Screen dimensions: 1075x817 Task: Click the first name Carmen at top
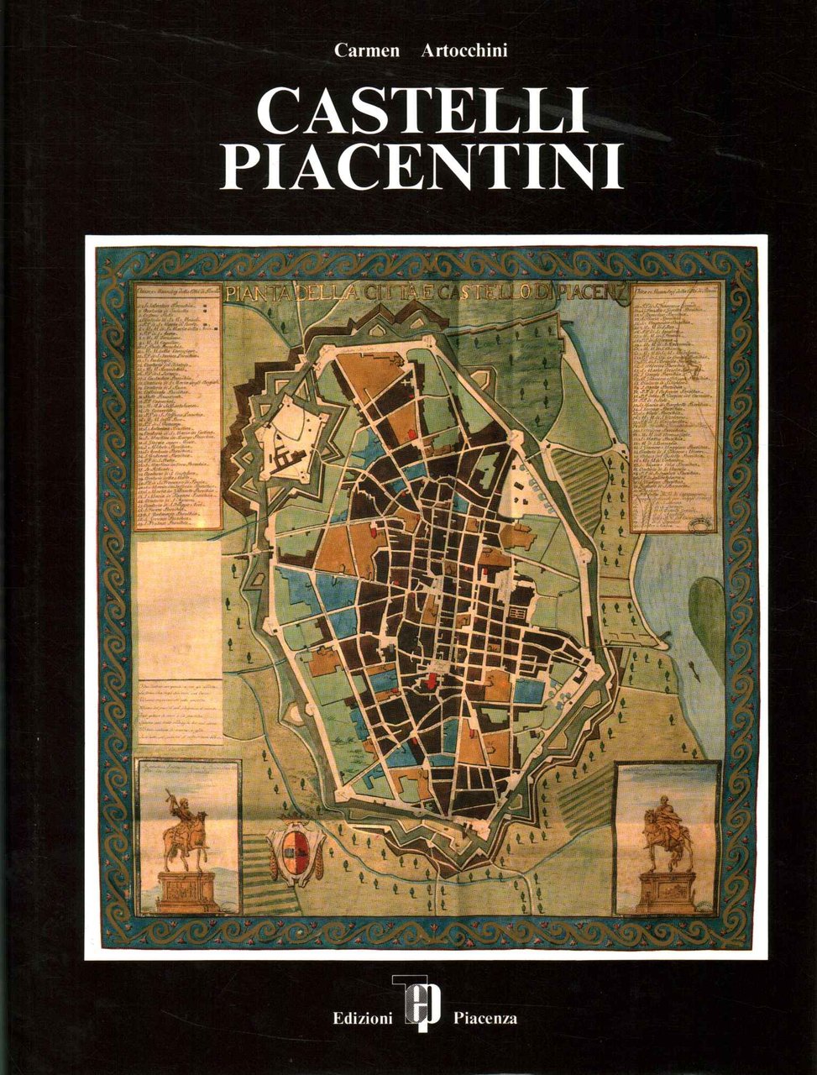[x=362, y=51]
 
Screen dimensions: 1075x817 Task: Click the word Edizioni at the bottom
[x=361, y=1019]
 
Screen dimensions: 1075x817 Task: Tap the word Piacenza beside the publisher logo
[x=484, y=1019]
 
